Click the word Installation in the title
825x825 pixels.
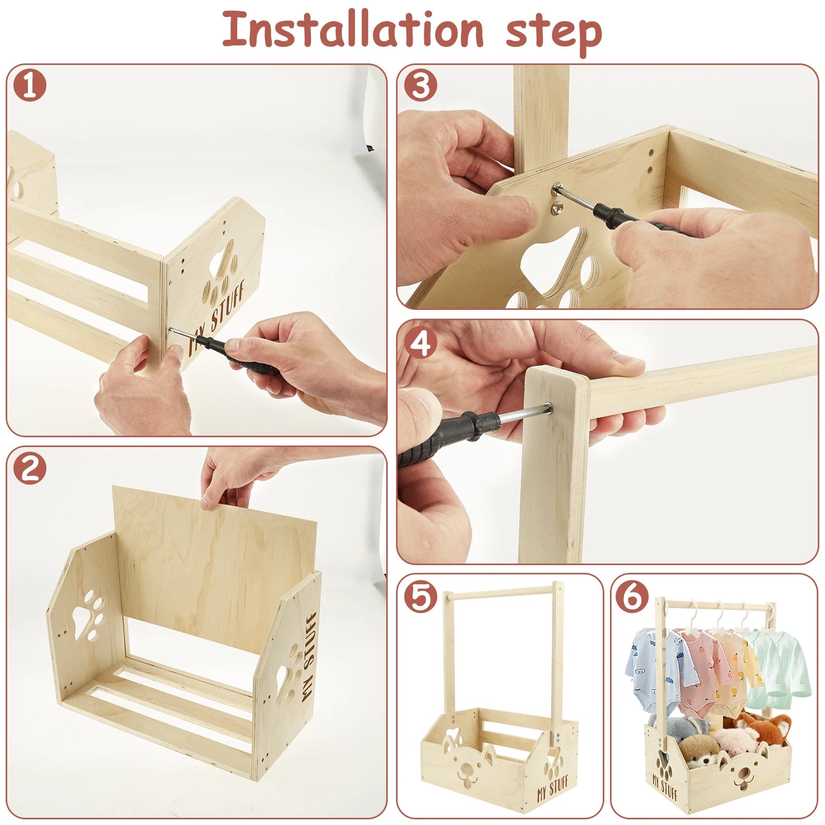[x=353, y=30]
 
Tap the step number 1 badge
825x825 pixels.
[x=30, y=86]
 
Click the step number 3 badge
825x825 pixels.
[x=420, y=86]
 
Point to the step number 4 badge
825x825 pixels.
[x=420, y=342]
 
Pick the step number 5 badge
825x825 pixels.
[x=420, y=597]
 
